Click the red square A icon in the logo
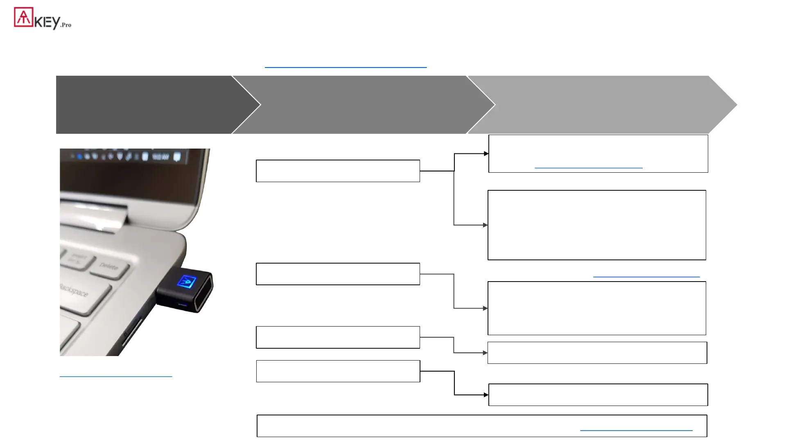(x=23, y=17)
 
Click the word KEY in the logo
(x=47, y=22)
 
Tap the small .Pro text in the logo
(x=66, y=25)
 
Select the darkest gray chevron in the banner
(x=147, y=105)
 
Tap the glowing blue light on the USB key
(x=187, y=282)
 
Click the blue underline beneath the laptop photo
(x=116, y=376)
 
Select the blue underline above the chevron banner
(x=346, y=67)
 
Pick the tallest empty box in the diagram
(x=596, y=225)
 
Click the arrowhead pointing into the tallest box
(x=486, y=225)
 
